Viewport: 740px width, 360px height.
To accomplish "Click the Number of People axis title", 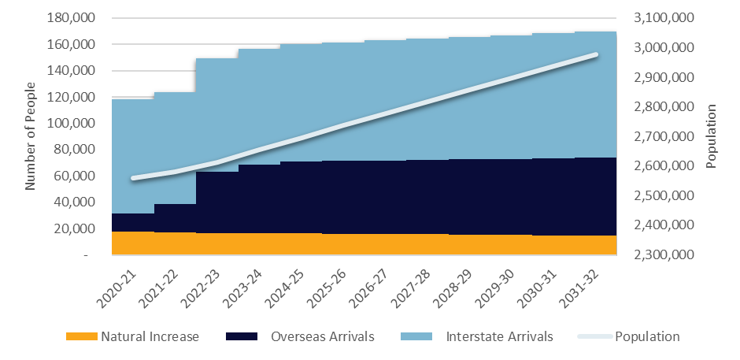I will point(31,136).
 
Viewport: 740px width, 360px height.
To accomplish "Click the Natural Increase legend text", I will point(150,336).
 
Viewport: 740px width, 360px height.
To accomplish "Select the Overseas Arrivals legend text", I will point(322,336).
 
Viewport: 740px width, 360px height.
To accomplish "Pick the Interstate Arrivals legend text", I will point(499,336).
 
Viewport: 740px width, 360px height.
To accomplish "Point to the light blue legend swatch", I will point(416,336).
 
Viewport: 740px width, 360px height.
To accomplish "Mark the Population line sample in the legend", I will point(596,336).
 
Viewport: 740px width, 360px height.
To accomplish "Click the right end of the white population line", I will point(596,54).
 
